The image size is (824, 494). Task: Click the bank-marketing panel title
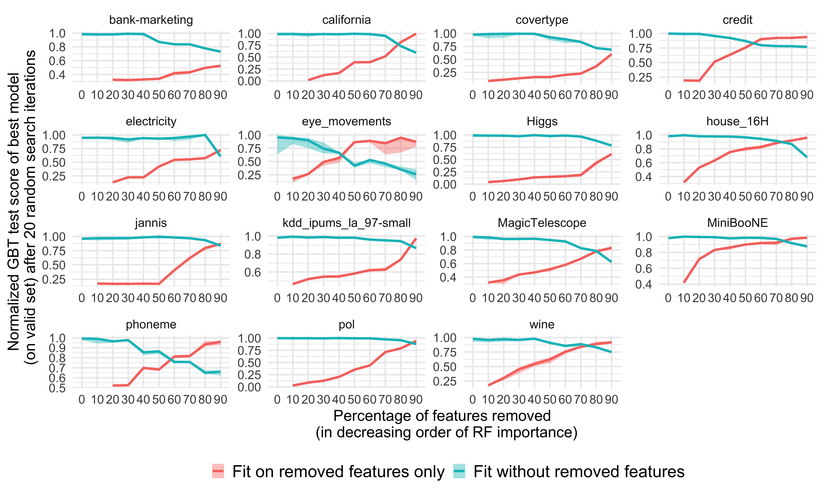coord(151,20)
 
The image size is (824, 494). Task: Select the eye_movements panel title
coord(346,121)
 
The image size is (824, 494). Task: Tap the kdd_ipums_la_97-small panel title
coord(346,223)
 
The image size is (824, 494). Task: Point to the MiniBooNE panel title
coord(737,223)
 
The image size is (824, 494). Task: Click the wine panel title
coord(542,325)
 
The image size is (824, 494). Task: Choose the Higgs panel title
coord(542,121)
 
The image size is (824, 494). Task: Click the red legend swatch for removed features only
coord(218,472)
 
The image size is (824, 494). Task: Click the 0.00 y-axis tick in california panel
coord(249,81)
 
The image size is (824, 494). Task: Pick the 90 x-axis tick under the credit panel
coord(806,95)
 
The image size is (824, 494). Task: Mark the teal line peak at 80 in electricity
coord(205,135)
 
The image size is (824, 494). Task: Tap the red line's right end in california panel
coord(416,34)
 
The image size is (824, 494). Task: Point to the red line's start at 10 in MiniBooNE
coord(684,282)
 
